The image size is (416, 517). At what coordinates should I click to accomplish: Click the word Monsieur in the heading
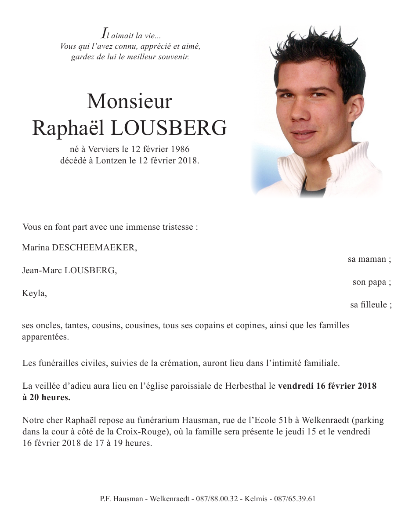point(130,102)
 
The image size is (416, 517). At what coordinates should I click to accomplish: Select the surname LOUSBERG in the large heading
point(169,128)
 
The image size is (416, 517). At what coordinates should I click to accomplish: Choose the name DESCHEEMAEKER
point(94,248)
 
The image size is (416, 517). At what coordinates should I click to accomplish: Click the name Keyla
point(34,293)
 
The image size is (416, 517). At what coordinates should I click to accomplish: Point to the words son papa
point(371,282)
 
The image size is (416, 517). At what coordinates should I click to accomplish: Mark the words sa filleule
point(370,305)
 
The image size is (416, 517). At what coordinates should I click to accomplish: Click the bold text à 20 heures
point(46,398)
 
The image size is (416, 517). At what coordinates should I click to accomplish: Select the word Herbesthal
point(245,387)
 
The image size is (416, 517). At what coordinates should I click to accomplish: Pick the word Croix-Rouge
point(144,431)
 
